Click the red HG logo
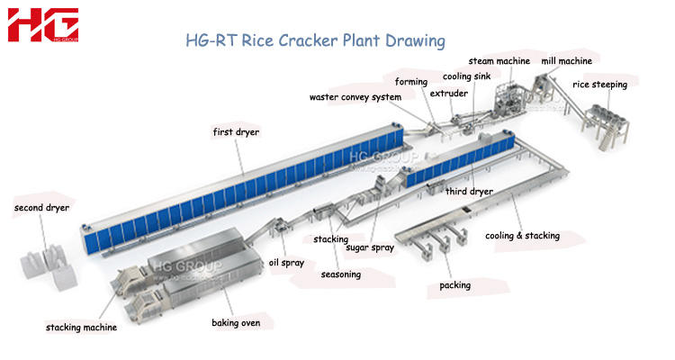click(42, 25)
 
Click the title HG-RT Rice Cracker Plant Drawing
click(314, 40)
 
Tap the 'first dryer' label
click(236, 132)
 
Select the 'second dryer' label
click(41, 208)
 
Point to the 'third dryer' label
click(469, 191)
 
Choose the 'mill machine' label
click(566, 61)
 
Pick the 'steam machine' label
click(499, 61)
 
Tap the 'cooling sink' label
click(466, 77)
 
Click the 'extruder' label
click(448, 93)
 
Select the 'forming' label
click(410, 82)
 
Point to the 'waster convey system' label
click(355, 97)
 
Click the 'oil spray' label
click(287, 263)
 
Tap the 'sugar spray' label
click(371, 247)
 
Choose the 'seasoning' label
click(341, 274)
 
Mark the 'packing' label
click(454, 285)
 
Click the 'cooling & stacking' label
click(522, 236)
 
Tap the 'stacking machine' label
click(81, 328)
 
